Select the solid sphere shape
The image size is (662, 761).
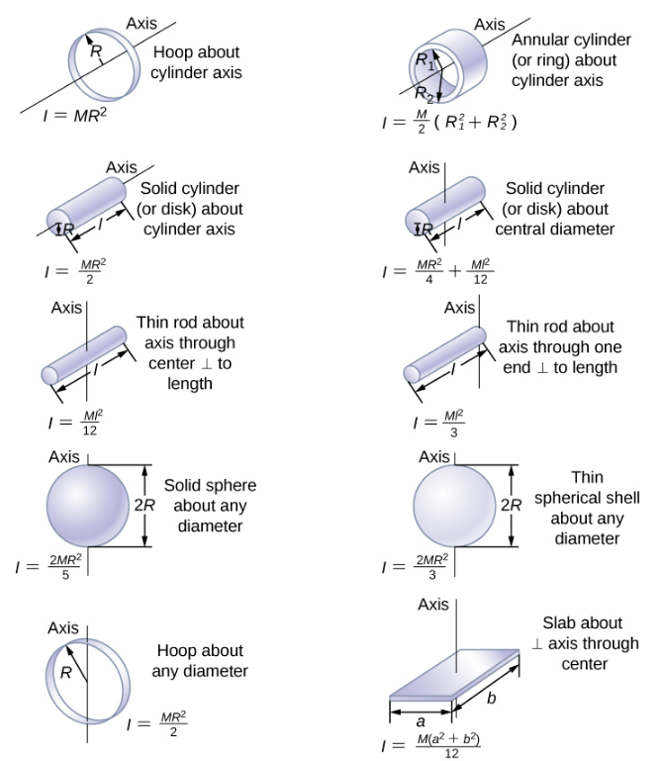click(88, 505)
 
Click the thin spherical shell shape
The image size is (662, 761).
click(455, 506)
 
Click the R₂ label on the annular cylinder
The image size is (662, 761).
click(423, 95)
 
